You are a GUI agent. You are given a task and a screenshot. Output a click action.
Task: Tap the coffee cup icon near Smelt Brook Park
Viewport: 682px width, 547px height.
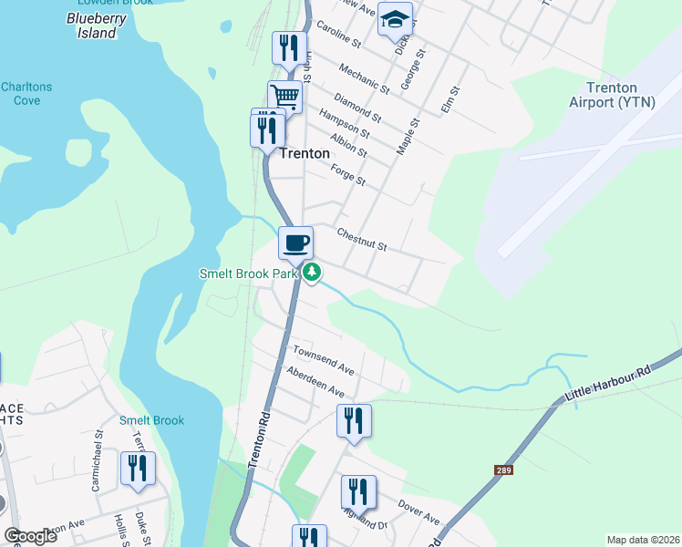[x=295, y=243]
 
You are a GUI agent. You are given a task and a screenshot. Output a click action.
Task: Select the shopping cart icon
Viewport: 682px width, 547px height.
[x=285, y=95]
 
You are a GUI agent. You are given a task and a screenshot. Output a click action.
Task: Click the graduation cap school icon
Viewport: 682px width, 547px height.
[x=395, y=18]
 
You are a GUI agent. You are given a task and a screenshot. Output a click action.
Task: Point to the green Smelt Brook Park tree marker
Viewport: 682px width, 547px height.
[x=312, y=272]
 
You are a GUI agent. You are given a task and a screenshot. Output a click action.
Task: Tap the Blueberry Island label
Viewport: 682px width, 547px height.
[x=96, y=26]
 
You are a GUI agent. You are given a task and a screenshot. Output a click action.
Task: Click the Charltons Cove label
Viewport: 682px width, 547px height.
[x=26, y=93]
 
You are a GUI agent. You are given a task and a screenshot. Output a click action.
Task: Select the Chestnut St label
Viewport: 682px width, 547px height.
[x=362, y=240]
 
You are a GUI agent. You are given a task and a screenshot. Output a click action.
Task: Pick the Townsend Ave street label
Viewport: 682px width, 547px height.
[x=323, y=359]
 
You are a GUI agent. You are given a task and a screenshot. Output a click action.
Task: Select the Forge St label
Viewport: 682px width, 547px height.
[x=347, y=175]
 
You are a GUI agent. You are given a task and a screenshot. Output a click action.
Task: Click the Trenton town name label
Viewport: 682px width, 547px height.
[x=305, y=153]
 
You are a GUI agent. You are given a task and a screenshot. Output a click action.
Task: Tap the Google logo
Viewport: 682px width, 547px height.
[x=31, y=536]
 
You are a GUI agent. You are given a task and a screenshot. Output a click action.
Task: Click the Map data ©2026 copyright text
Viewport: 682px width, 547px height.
[x=642, y=540]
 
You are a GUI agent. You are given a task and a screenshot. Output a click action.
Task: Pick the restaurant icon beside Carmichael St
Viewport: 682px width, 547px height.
[x=138, y=469]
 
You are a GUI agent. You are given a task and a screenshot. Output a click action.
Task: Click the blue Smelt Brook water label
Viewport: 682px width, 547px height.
[x=151, y=420]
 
